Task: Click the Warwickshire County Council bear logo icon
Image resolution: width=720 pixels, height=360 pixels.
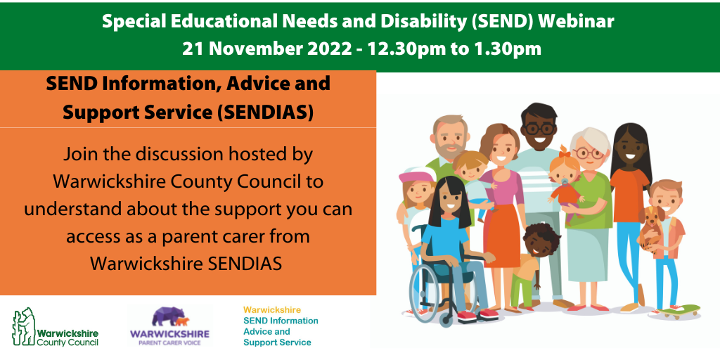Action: [x=23, y=326]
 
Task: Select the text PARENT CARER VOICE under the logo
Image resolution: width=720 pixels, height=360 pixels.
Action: [x=170, y=343]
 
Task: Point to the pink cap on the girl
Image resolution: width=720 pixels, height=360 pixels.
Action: [x=416, y=175]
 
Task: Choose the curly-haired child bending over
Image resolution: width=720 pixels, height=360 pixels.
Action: [x=535, y=267]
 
